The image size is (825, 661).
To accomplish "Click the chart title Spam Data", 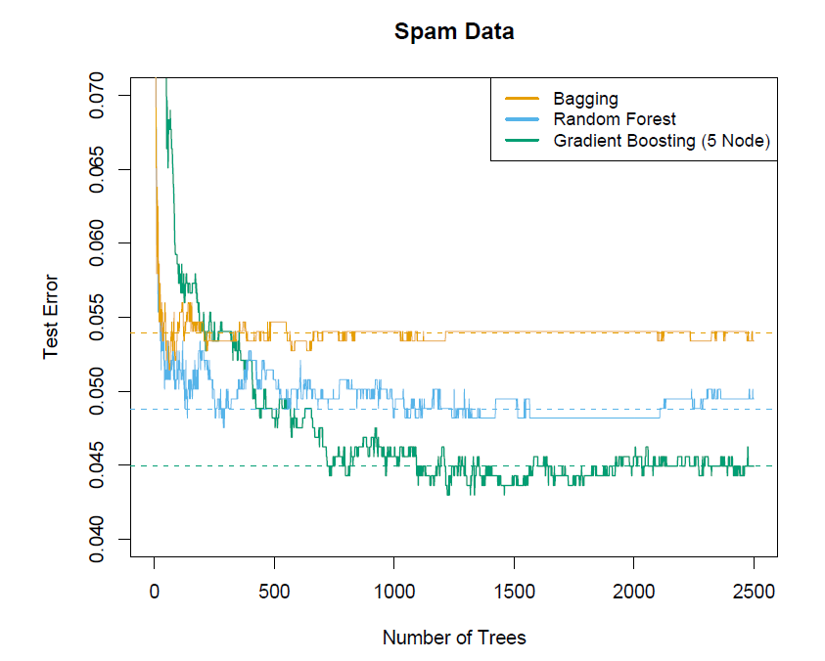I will coord(454,31).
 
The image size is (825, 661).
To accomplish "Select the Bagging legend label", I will coord(585,99).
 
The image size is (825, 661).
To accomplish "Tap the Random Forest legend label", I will coord(614,119).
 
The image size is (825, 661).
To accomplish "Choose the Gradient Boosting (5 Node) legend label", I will coord(662,141).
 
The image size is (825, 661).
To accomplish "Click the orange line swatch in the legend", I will coord(522,99).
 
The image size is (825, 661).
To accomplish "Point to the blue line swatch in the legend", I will coord(522,119).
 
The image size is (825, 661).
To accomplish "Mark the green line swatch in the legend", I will coord(522,141).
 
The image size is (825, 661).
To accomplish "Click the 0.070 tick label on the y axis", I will coord(98,95).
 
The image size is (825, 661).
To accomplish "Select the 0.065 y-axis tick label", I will coord(98,169).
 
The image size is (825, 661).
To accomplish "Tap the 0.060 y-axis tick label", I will coord(98,243).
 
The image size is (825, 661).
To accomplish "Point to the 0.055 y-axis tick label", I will coord(98,318).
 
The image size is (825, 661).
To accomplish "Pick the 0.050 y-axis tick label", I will coord(98,391).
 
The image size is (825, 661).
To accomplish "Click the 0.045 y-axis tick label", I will coord(98,465).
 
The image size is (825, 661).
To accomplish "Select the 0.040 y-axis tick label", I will coord(98,540).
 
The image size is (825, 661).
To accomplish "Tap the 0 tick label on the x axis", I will coord(154,592).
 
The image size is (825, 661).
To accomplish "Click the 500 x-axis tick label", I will coord(274,592).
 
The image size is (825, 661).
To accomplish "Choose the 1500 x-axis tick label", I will coord(514,592).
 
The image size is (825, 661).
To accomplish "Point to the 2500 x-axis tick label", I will coord(754,592).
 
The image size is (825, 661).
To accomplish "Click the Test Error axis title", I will coord(51,318).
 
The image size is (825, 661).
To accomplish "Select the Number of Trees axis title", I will coord(454,639).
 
